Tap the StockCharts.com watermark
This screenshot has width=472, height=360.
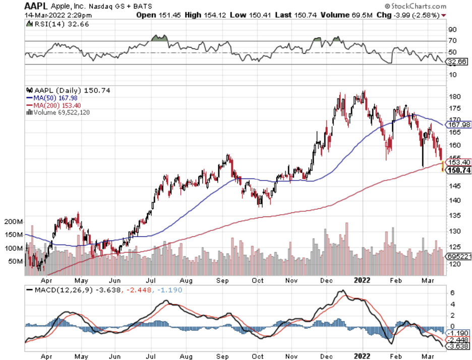[x=415, y=6]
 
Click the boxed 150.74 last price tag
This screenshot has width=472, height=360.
[x=459, y=170]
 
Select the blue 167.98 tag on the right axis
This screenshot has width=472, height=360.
[x=459, y=124]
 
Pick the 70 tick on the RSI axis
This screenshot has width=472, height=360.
[x=452, y=40]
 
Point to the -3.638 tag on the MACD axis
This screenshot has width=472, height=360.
[x=458, y=346]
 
